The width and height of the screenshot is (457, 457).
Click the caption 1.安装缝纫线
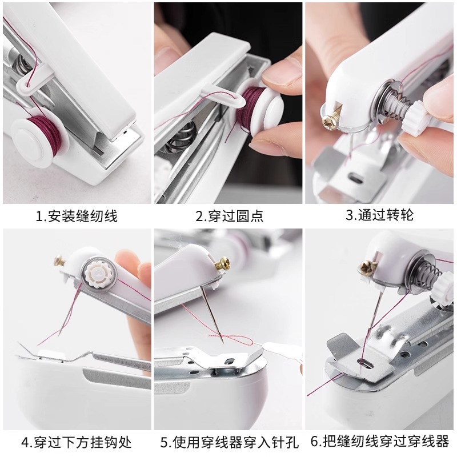[76, 217]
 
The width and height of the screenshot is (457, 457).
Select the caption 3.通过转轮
[379, 215]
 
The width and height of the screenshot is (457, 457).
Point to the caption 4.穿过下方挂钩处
[76, 442]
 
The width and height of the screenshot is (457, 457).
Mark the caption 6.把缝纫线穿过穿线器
[380, 442]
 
